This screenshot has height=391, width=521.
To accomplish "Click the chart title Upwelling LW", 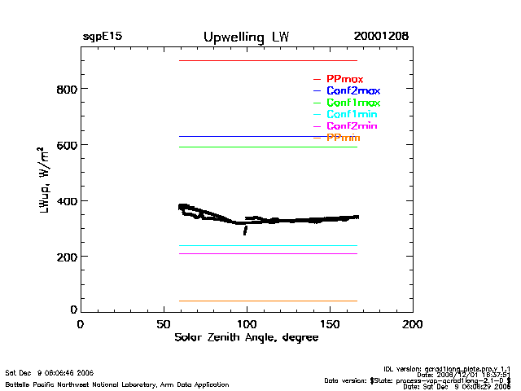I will [246, 37].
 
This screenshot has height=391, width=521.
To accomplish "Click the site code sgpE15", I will [103, 37].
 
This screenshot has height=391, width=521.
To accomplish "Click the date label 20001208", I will [381, 37].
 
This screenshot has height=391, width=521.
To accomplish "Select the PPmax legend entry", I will [344, 79].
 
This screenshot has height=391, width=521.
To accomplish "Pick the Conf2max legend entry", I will [352, 90].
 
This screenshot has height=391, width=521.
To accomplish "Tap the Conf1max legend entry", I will [352, 103].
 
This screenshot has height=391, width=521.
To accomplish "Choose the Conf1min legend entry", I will [352, 114].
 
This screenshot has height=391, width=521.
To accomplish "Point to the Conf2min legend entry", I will [352, 126].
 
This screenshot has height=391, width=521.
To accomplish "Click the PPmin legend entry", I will [343, 138].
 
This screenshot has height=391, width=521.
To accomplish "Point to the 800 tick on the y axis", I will [66, 89].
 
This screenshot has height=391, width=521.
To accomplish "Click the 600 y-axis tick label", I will [66, 145].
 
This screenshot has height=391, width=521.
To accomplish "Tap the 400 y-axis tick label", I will [66, 201].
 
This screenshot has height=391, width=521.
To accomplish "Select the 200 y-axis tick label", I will [66, 257].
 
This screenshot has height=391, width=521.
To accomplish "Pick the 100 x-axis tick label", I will [247, 324].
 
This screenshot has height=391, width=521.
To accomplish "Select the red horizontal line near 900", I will [268, 60].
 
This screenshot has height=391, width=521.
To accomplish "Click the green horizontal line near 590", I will [268, 147].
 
